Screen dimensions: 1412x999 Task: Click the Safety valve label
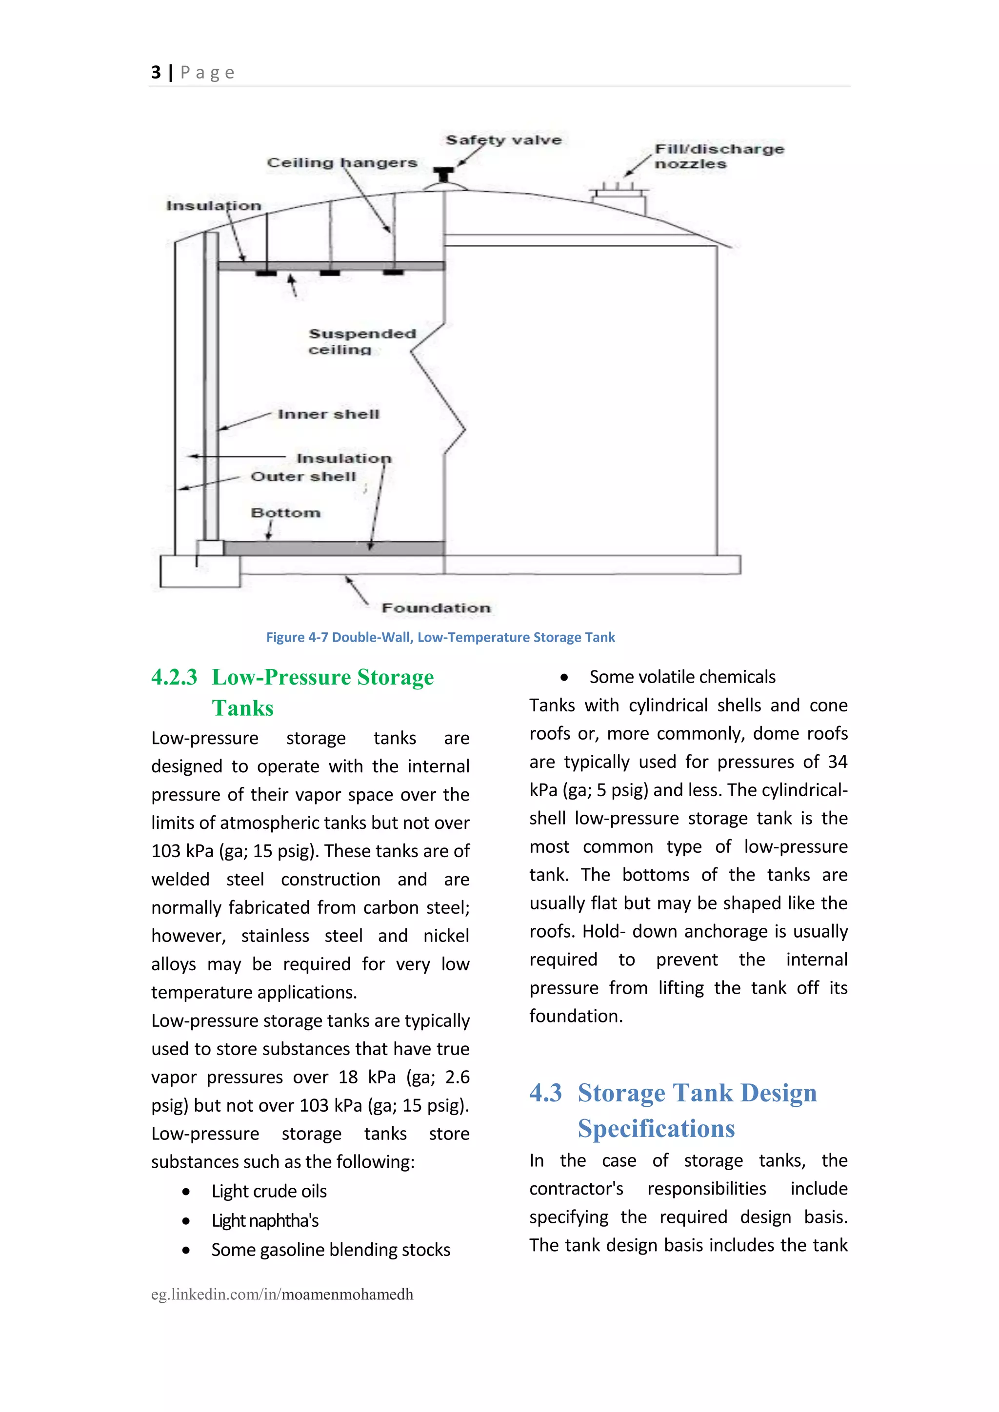(503, 140)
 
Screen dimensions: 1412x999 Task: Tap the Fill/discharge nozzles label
(718, 156)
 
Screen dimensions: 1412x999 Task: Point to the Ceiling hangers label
(342, 162)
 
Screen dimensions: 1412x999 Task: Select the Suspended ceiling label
(362, 341)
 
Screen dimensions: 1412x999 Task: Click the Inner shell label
(328, 414)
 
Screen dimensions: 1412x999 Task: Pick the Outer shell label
(303, 477)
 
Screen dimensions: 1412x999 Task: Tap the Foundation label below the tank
(436, 608)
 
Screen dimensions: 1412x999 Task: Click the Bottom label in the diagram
(285, 512)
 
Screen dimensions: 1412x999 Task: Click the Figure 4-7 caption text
(440, 637)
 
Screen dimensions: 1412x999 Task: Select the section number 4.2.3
(174, 677)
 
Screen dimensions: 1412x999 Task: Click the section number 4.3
(546, 1093)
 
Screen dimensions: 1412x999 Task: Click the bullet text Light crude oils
(269, 1191)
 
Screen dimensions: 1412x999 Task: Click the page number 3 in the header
(156, 73)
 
